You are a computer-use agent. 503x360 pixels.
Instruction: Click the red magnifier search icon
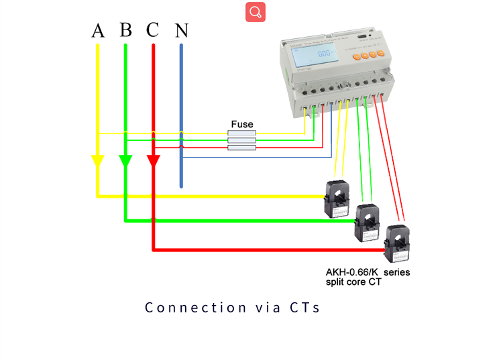coord(256,12)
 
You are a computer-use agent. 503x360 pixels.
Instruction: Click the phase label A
coord(98,31)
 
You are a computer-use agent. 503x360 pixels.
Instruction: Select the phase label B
coord(126,30)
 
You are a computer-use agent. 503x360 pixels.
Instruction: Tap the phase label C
coord(153,30)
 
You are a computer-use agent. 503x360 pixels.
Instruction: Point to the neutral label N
coord(182,31)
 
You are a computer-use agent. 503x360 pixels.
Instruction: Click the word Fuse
coord(242,124)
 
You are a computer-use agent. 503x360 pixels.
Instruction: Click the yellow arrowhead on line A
coord(98,162)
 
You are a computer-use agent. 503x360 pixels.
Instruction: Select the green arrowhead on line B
coord(125,162)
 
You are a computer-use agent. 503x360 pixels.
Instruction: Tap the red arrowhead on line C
coord(154,162)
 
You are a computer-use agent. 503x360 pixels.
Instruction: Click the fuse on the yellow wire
coord(242,133)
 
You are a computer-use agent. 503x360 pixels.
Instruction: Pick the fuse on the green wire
coord(242,140)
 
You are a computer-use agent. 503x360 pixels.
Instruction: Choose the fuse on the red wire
coord(242,147)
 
